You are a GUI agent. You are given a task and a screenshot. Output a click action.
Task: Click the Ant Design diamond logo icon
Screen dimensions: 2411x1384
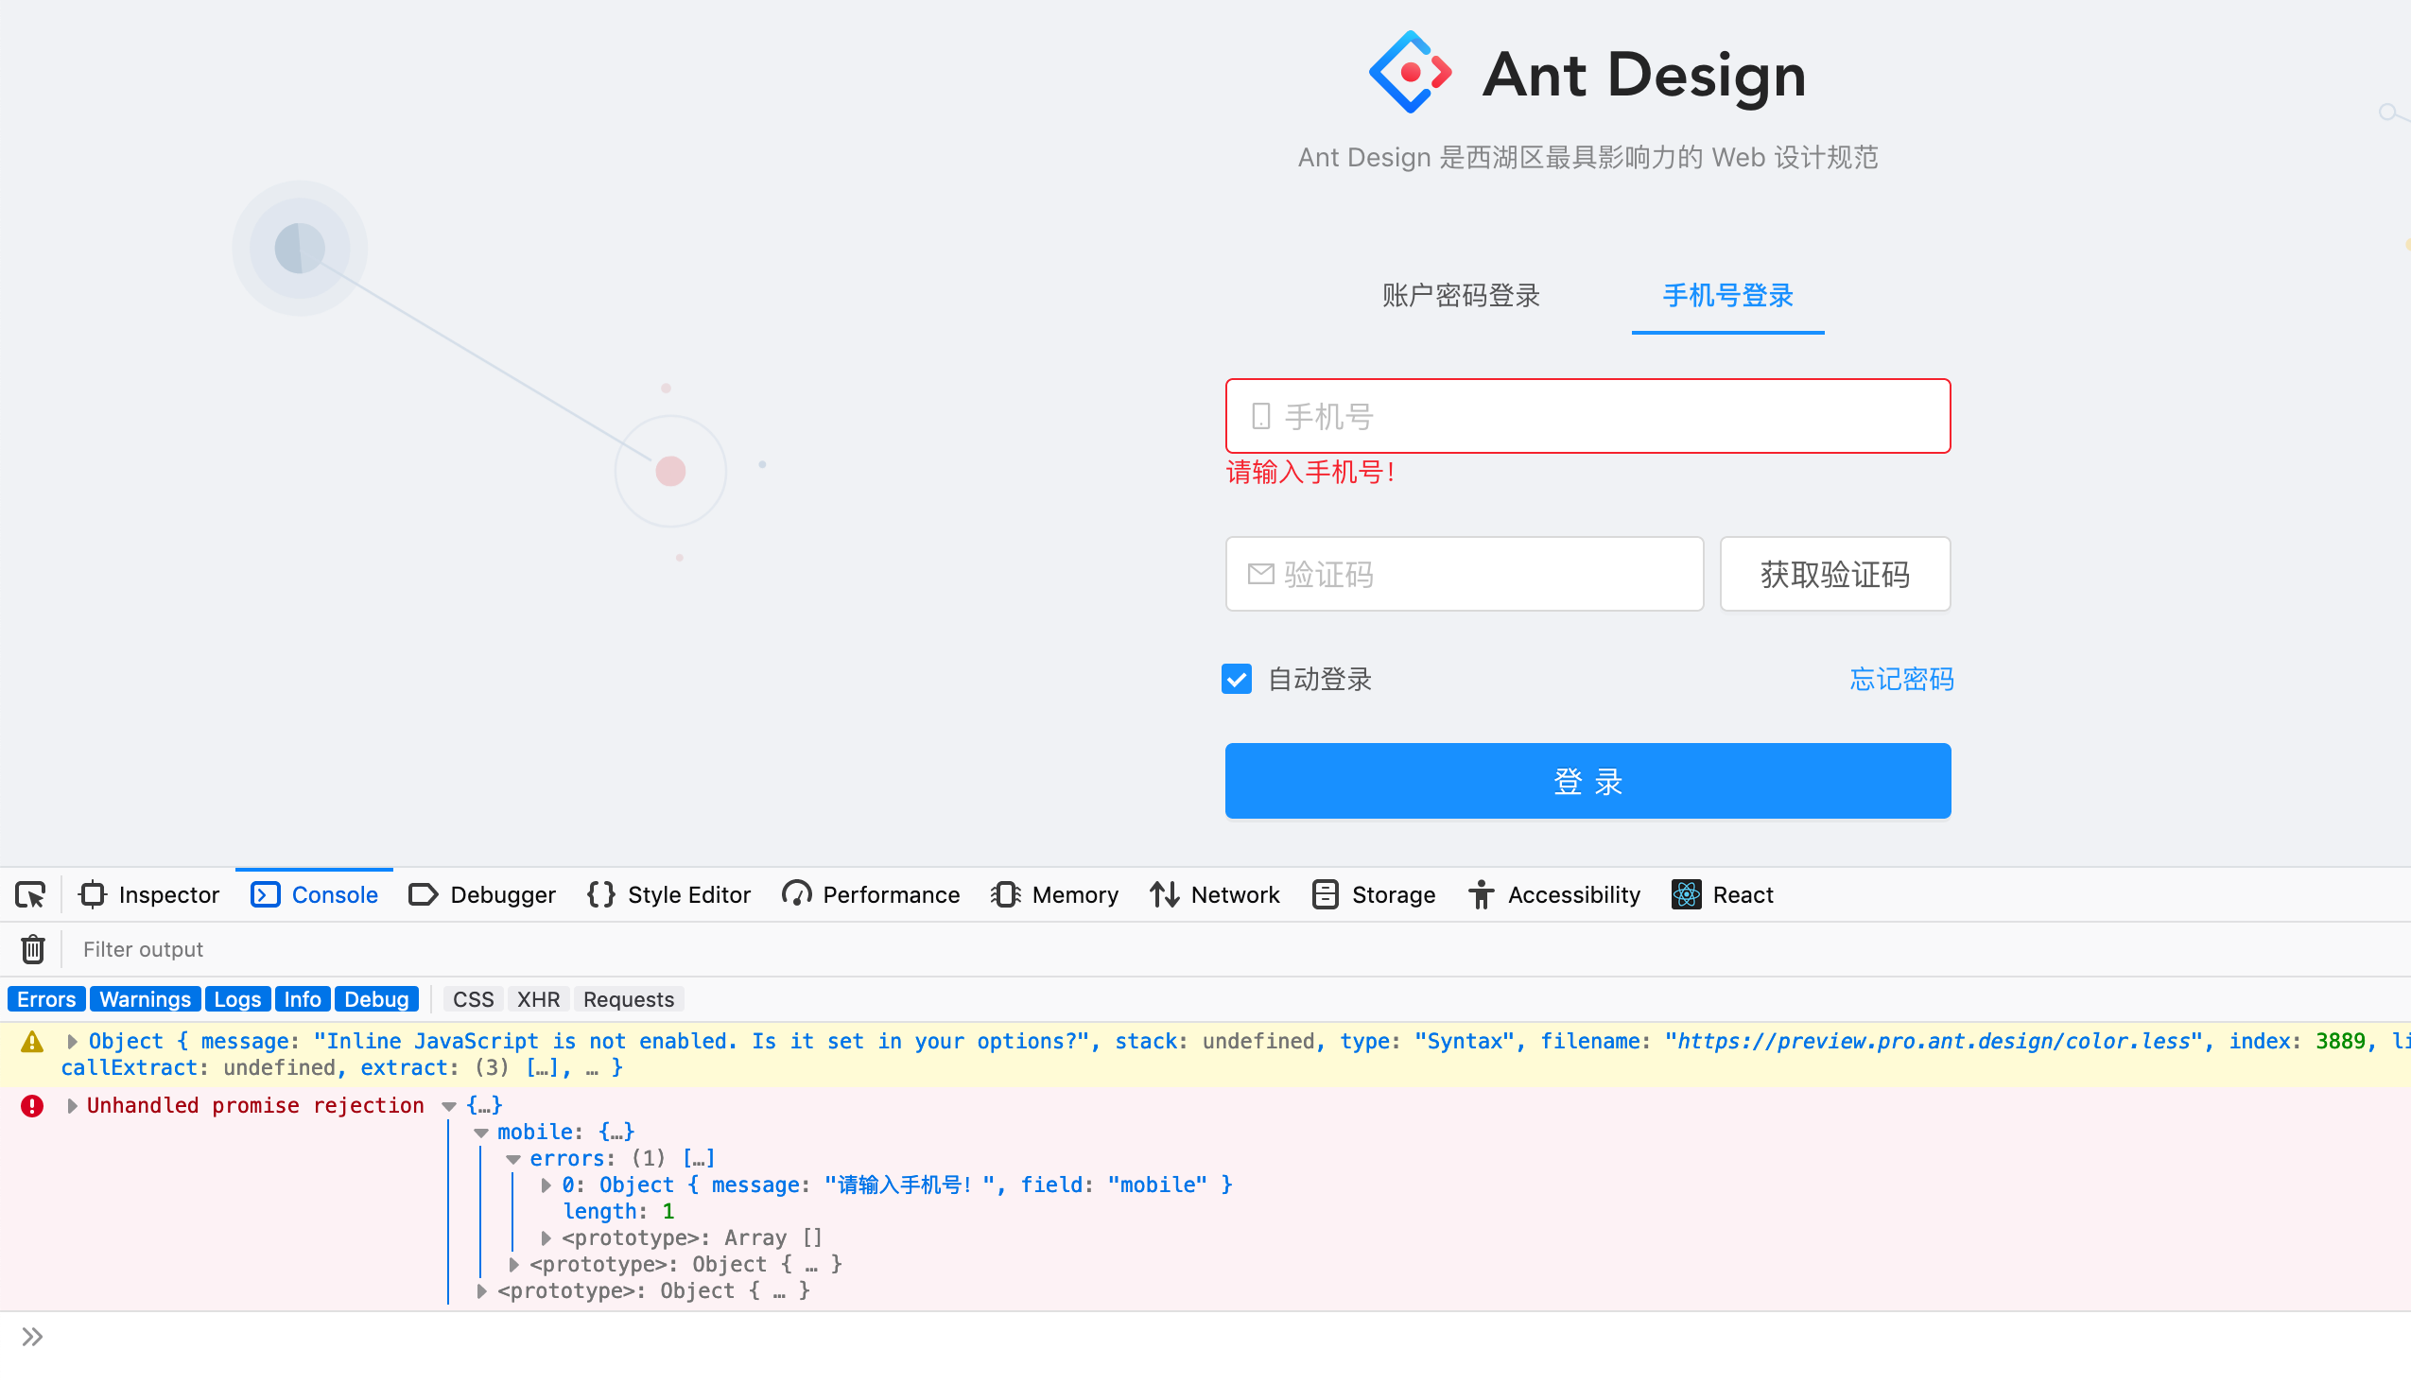coord(1410,72)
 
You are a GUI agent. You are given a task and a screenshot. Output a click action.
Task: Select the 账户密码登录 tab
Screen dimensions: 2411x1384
coord(1460,296)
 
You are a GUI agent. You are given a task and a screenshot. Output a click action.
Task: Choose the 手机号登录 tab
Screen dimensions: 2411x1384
coord(1726,296)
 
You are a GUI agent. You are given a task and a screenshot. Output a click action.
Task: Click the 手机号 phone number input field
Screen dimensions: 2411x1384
coord(1606,416)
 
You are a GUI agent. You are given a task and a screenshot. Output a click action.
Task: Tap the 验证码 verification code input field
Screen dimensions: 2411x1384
coord(1483,574)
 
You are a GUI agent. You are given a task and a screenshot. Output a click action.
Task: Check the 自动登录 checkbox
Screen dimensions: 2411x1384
coord(1236,680)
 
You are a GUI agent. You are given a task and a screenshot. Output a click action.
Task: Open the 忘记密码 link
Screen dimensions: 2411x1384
coord(1900,680)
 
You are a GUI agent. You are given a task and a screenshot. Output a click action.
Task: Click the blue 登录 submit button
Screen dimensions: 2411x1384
coord(1587,782)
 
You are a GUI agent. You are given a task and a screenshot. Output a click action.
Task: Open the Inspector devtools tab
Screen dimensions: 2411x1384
coord(150,895)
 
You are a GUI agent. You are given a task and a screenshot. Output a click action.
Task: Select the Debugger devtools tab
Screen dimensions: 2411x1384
coord(483,895)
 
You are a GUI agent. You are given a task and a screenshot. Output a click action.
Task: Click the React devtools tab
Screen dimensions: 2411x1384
coord(1723,895)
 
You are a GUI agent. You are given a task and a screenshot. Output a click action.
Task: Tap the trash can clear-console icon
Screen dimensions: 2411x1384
coord(33,949)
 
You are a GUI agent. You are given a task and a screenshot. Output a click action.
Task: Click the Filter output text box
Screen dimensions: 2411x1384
coord(570,949)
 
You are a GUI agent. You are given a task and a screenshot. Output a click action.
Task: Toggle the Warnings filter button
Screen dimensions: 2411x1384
coord(145,1000)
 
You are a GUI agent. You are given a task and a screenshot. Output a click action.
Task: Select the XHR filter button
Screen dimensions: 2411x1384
coord(538,1000)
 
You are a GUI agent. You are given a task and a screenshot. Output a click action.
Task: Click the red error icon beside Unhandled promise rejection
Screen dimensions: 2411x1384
coord(32,1106)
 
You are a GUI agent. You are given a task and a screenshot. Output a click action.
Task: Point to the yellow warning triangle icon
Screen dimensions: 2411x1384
coord(32,1043)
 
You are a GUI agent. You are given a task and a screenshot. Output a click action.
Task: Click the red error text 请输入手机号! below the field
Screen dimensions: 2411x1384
coord(1310,473)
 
